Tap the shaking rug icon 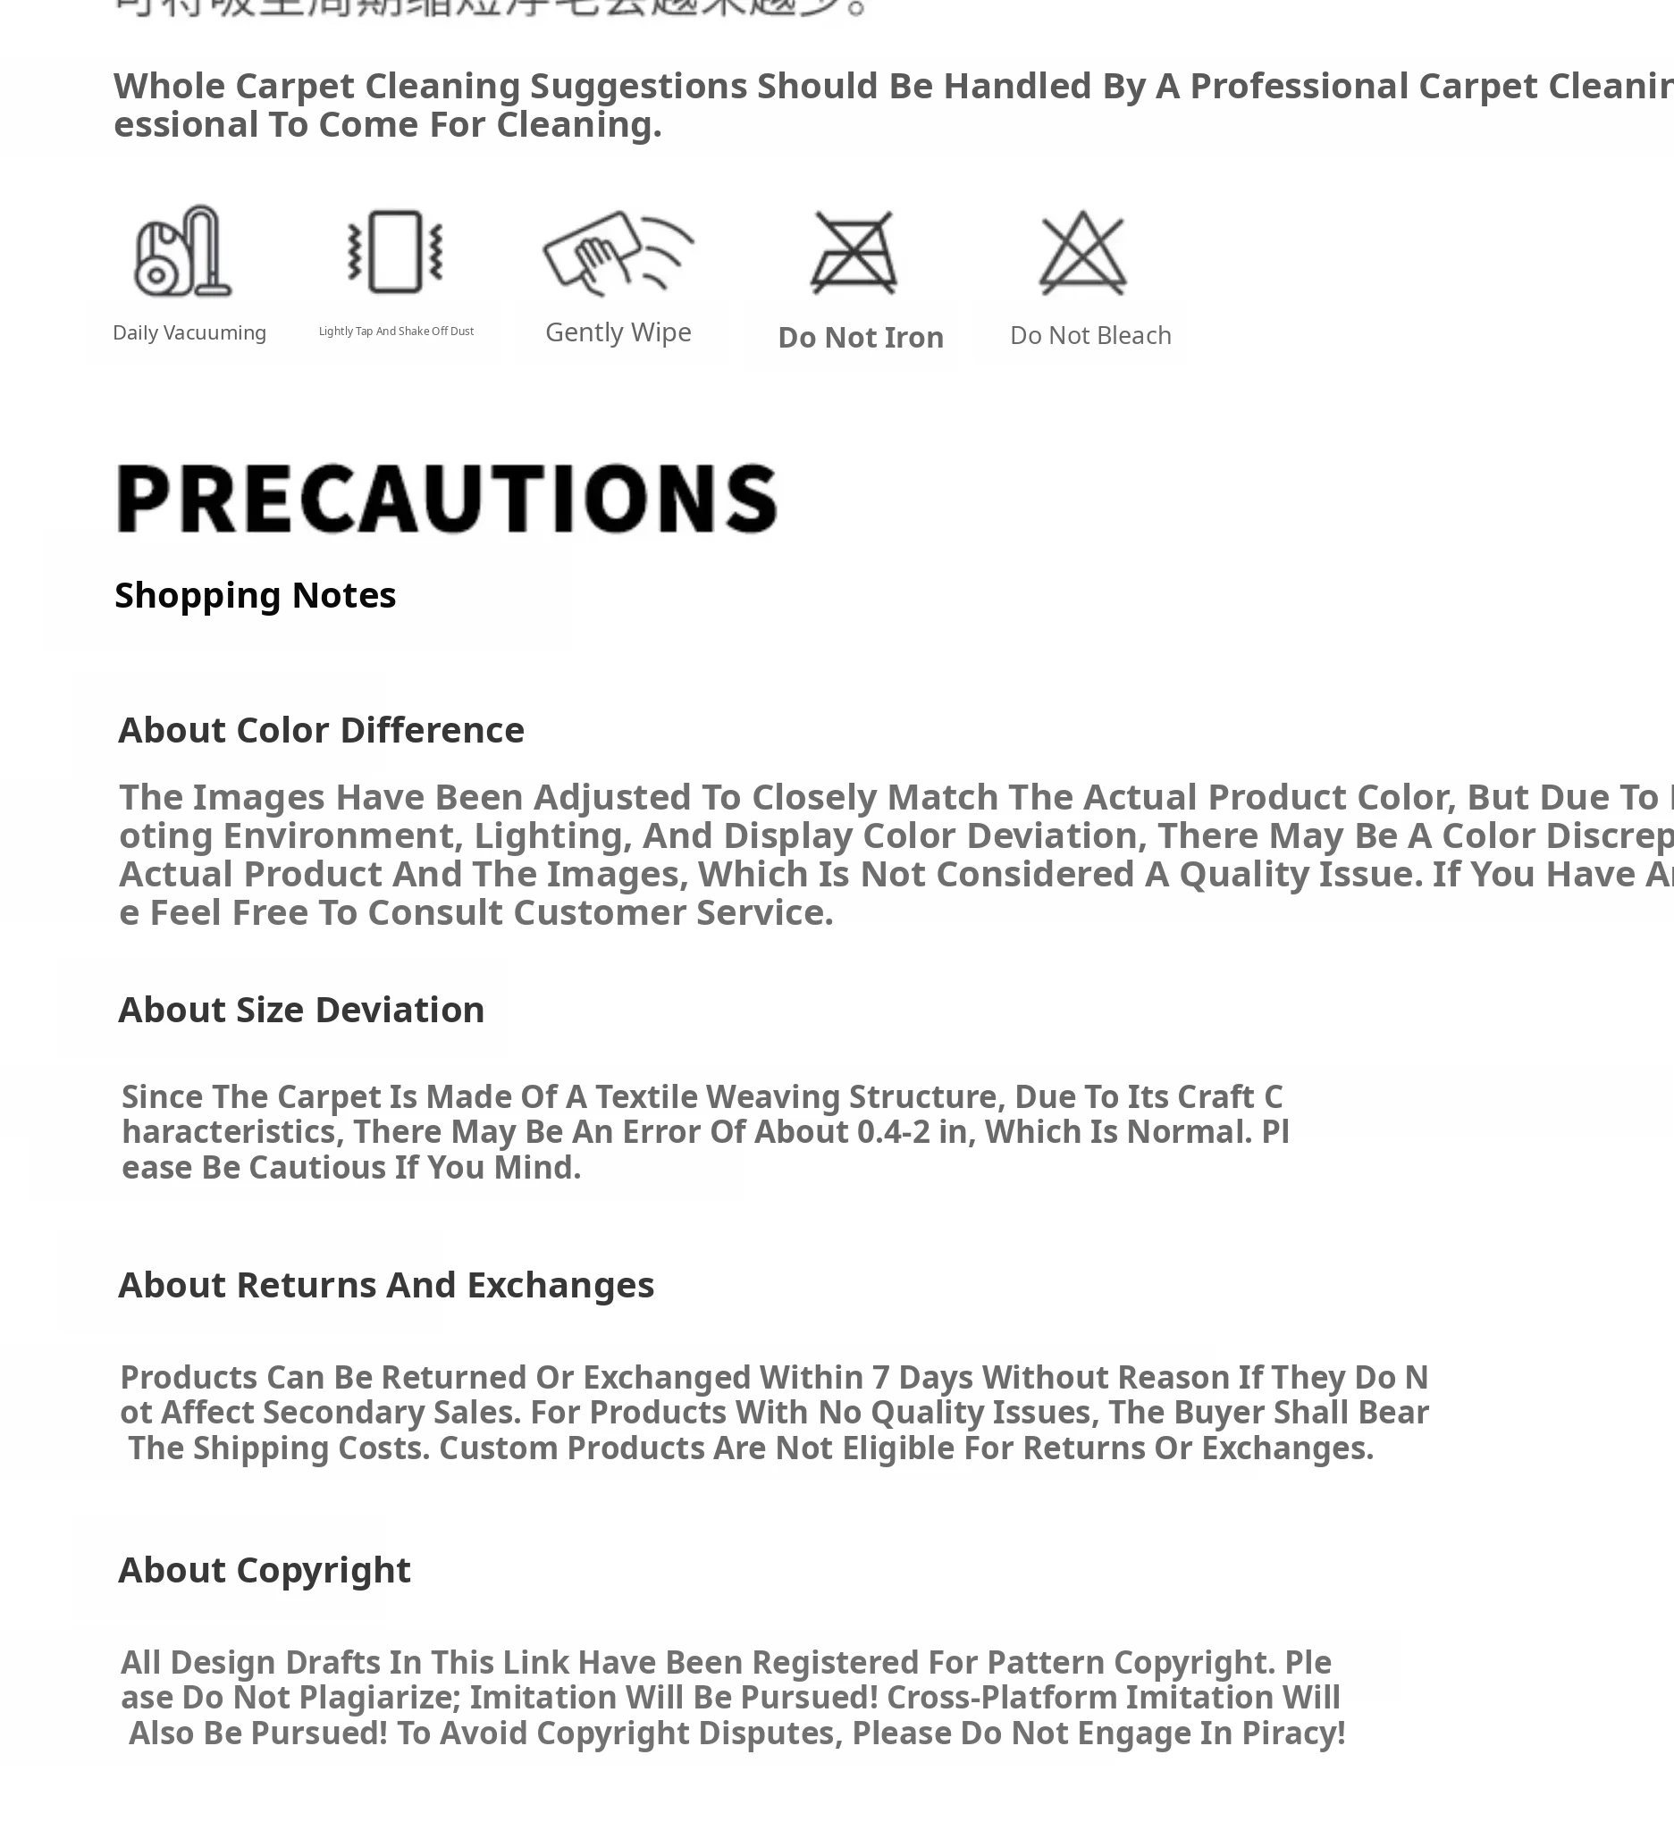point(396,251)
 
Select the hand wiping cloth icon point(618,251)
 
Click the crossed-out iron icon point(854,253)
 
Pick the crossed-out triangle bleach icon point(1082,253)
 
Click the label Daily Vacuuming point(189,333)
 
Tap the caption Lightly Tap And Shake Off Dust point(396,332)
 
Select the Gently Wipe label point(618,332)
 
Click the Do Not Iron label point(861,338)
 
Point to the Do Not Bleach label point(1090,336)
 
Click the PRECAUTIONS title point(447,499)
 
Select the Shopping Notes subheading point(255,595)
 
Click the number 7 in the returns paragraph point(880,1378)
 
